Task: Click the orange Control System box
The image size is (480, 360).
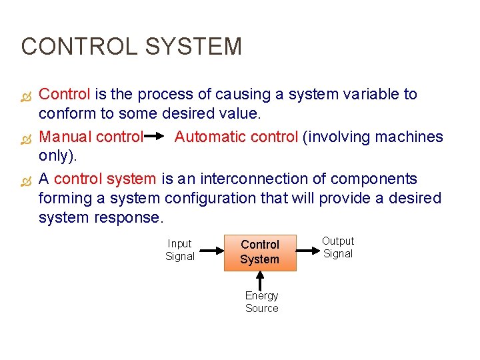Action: [x=259, y=252]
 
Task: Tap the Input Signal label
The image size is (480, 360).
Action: [x=179, y=250]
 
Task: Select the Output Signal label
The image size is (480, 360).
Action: [x=338, y=247]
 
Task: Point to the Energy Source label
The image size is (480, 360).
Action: [x=261, y=301]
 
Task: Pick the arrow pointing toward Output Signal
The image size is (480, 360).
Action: [x=307, y=251]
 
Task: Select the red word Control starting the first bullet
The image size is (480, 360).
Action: [x=65, y=95]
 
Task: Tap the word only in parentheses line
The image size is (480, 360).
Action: [x=53, y=156]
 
